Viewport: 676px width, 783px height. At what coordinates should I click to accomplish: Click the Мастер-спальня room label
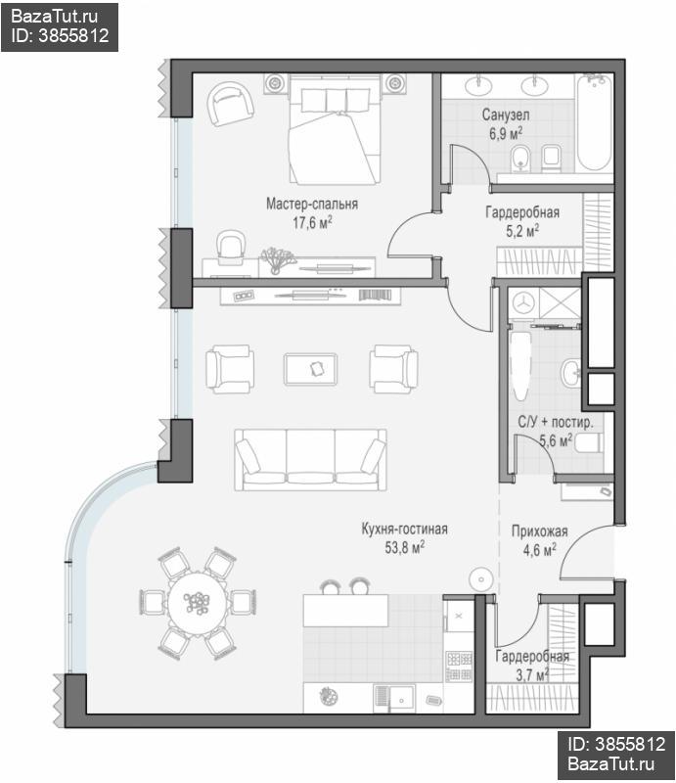311,204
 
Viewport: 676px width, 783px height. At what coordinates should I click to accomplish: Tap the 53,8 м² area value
404,547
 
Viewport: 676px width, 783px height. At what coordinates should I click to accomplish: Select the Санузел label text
505,115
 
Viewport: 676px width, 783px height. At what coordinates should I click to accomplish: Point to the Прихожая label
539,531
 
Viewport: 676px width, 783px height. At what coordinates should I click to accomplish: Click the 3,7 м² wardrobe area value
532,675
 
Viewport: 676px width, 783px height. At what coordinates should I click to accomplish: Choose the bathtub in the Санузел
594,123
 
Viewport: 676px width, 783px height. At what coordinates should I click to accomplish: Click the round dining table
198,603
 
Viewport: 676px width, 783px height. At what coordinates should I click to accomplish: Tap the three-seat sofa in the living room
310,459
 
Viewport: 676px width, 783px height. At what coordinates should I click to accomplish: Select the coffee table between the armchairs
310,370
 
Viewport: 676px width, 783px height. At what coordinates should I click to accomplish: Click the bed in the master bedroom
336,130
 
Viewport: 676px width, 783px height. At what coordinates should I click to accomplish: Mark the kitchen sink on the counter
394,698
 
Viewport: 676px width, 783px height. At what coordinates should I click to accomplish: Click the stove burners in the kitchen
459,667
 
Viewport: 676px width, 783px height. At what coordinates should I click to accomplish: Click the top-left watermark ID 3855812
60,35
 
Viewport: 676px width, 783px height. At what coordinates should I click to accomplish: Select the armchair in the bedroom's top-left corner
231,104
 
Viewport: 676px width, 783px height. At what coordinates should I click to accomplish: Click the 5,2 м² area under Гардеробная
522,231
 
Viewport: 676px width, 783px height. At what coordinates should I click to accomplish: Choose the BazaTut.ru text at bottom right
611,763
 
